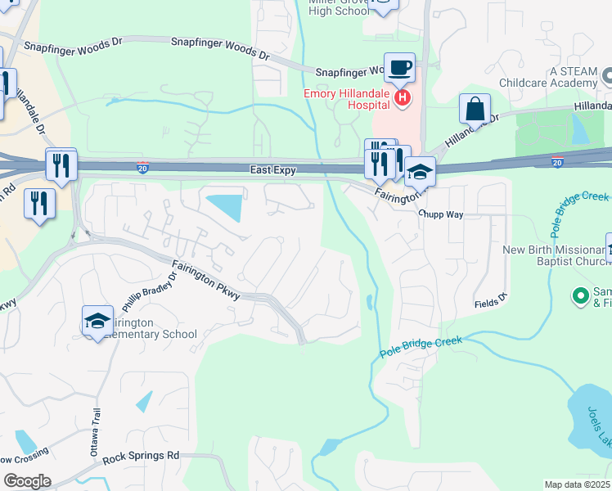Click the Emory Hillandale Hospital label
click(x=347, y=94)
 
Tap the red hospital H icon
click(x=402, y=99)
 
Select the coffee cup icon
click(x=399, y=68)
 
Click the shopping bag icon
click(x=475, y=109)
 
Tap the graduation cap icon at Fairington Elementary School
click(x=97, y=322)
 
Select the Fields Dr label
click(x=491, y=302)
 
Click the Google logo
click(x=26, y=481)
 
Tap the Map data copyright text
click(x=578, y=484)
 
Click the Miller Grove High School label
click(x=340, y=7)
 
